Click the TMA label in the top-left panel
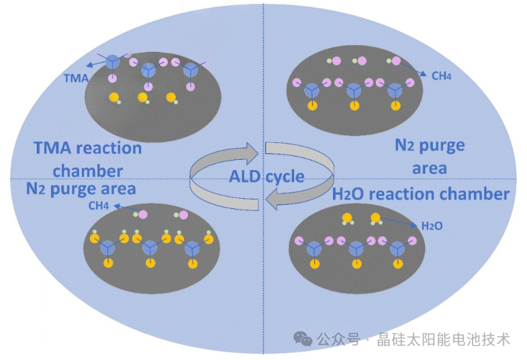point(76,78)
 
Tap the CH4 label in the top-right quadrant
point(441,76)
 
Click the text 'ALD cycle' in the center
point(266,176)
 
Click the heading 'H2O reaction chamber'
point(421,194)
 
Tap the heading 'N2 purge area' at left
point(81,187)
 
